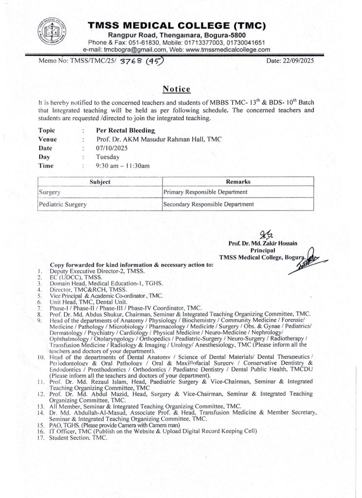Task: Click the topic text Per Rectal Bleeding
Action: click(126, 130)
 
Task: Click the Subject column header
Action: click(100, 182)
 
